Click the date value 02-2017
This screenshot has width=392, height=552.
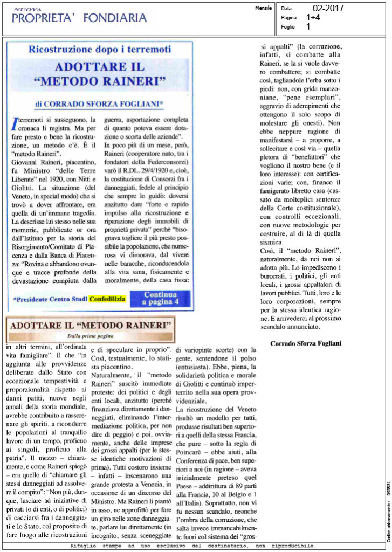[x=328, y=8]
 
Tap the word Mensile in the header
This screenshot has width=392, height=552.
[x=263, y=9]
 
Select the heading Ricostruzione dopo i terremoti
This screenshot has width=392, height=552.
[x=100, y=49]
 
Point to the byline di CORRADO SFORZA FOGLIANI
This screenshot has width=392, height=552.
[x=100, y=102]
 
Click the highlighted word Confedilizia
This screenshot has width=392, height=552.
[x=107, y=298]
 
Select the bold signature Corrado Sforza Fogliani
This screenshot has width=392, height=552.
[x=306, y=343]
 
